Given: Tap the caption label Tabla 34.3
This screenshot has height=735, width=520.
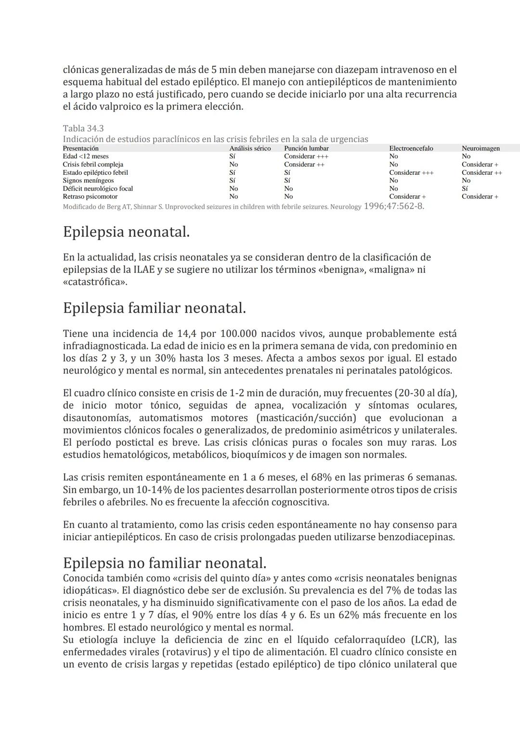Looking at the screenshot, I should coord(83,129).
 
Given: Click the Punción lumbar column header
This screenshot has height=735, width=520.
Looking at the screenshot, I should coord(306,148).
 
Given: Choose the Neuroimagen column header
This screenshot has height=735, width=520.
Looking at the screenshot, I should coord(481,148).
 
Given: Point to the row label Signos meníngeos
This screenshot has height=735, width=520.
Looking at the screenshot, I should coord(88,181).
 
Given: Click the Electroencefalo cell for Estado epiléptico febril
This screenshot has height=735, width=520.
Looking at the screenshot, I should coord(411,172).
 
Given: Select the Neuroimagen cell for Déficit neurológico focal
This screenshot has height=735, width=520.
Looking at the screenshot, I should coord(465,189).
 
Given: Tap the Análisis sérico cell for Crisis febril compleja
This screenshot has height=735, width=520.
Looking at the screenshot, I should coord(234,165).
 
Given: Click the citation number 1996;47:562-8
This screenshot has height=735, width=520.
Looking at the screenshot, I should coord(394,206).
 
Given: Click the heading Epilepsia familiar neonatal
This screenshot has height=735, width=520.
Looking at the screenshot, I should coord(154,308).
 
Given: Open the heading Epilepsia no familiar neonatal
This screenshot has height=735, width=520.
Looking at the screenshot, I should coord(164,563).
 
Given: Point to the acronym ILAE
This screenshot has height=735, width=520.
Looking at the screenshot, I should coord(144,270).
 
